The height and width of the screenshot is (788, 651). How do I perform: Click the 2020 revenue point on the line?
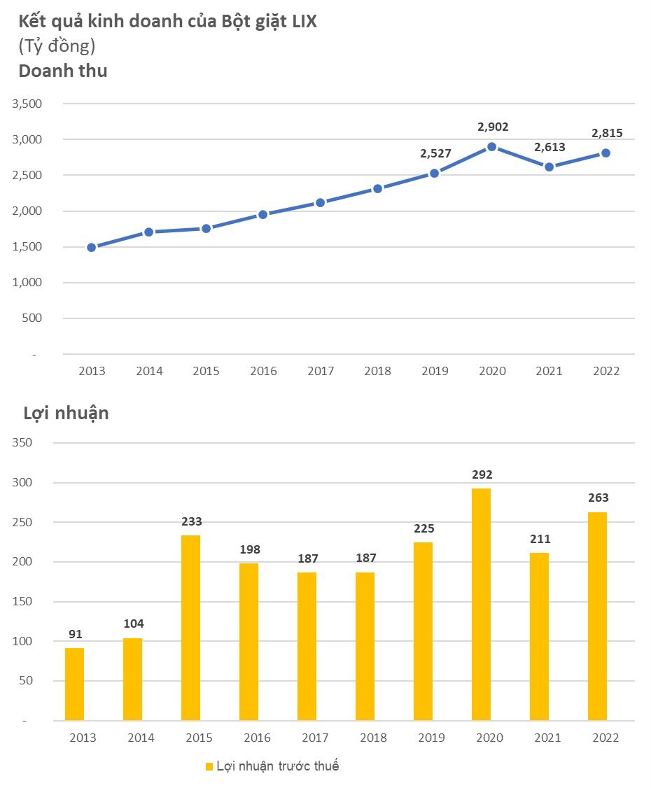pyautogui.click(x=492, y=147)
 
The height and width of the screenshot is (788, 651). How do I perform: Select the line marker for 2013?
pyautogui.click(x=92, y=247)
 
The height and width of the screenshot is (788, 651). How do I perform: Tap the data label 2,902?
pyautogui.click(x=493, y=127)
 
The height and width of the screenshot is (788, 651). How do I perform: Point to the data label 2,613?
pyautogui.click(x=549, y=148)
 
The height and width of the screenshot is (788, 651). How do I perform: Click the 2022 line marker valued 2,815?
pyautogui.click(x=606, y=153)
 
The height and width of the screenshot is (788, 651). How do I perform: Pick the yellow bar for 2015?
pyautogui.click(x=190, y=628)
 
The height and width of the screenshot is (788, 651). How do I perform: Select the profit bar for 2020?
pyautogui.click(x=481, y=604)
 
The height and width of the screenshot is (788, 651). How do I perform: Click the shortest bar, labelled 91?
pyautogui.click(x=74, y=684)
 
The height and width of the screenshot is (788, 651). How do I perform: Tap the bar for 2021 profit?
pyautogui.click(x=539, y=636)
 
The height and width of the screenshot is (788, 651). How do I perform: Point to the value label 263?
pyautogui.click(x=598, y=498)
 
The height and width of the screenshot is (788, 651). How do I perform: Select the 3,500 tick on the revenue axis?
pyautogui.click(x=27, y=104)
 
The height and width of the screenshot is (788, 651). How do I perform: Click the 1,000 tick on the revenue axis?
pyautogui.click(x=27, y=283)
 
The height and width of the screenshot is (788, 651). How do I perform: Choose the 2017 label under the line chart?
pyautogui.click(x=321, y=372)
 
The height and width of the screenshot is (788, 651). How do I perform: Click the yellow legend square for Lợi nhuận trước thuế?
pyautogui.click(x=209, y=767)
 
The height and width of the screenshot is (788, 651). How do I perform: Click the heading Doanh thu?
pyautogui.click(x=63, y=71)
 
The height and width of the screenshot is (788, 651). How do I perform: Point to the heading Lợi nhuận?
pyautogui.click(x=66, y=413)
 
